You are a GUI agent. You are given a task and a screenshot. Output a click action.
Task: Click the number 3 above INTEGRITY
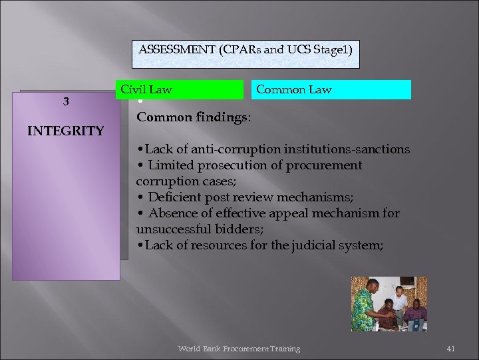click(x=65, y=102)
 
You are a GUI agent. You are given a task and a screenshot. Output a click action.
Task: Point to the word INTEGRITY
click(x=65, y=131)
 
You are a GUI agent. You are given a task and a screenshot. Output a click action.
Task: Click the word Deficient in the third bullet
click(x=173, y=197)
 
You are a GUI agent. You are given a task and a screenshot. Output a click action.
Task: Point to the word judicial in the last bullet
click(x=313, y=245)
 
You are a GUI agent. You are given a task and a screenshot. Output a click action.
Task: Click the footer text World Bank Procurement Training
click(x=239, y=349)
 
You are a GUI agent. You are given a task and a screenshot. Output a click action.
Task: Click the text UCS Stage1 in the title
click(x=322, y=49)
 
